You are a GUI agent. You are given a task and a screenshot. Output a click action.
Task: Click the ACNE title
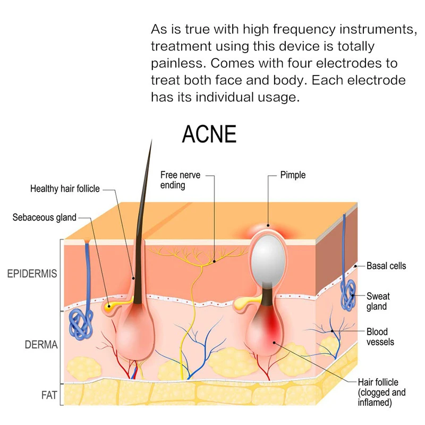(209, 134)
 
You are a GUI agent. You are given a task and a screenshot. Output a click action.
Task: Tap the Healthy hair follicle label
(65, 189)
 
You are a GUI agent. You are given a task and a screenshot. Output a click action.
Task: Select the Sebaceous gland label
(45, 217)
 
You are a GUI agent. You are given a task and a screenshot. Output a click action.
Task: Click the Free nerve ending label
(180, 180)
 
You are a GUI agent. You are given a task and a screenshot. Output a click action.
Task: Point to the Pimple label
(293, 175)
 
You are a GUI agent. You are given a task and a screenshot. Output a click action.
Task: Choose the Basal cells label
(386, 266)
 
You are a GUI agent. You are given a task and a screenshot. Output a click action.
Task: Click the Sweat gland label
(378, 301)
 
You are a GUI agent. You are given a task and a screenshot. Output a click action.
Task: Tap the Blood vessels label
(380, 337)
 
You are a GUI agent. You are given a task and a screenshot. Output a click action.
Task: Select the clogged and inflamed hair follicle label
(381, 392)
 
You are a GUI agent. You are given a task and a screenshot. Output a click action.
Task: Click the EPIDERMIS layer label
(32, 274)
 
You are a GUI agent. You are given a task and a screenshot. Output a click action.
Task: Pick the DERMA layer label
(41, 345)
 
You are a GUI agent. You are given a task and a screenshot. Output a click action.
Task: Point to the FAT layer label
(49, 395)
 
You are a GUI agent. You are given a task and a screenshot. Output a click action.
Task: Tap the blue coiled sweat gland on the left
(81, 324)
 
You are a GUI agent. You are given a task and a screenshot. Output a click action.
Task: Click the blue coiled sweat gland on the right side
(348, 295)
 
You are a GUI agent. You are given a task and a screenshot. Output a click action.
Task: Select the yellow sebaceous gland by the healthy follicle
(110, 306)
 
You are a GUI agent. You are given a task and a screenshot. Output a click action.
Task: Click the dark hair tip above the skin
(151, 140)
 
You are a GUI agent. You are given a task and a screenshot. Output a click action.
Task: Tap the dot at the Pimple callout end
(268, 225)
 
